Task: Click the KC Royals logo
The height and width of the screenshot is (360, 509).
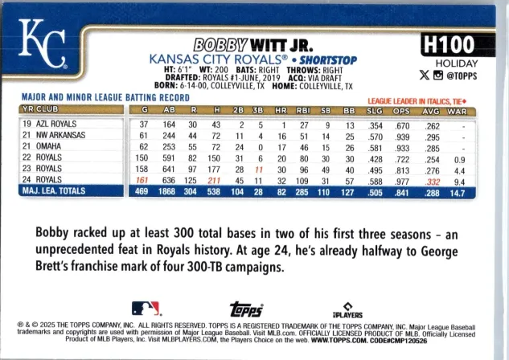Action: click(43, 43)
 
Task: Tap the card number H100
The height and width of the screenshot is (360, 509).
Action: click(449, 44)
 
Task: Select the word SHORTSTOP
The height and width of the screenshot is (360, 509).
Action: click(328, 60)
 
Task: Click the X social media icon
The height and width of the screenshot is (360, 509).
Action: click(424, 76)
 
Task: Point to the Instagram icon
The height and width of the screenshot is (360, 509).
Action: click(438, 76)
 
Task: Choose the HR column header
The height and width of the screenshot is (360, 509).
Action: click(281, 111)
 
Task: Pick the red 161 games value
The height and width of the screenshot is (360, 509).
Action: click(142, 180)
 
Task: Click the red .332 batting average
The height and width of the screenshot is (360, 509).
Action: click(432, 182)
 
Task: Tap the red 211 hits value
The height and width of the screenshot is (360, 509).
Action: click(214, 180)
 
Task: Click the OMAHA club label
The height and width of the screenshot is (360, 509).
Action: click(48, 146)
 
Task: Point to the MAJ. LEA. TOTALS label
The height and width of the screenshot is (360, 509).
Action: click(54, 190)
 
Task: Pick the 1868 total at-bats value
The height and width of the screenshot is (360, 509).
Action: click(167, 192)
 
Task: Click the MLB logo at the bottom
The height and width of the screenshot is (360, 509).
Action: click(146, 309)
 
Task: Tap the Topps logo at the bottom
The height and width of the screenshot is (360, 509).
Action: click(246, 309)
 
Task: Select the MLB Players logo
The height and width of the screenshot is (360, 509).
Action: click(347, 310)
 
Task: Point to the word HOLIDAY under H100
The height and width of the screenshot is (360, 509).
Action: click(457, 63)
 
